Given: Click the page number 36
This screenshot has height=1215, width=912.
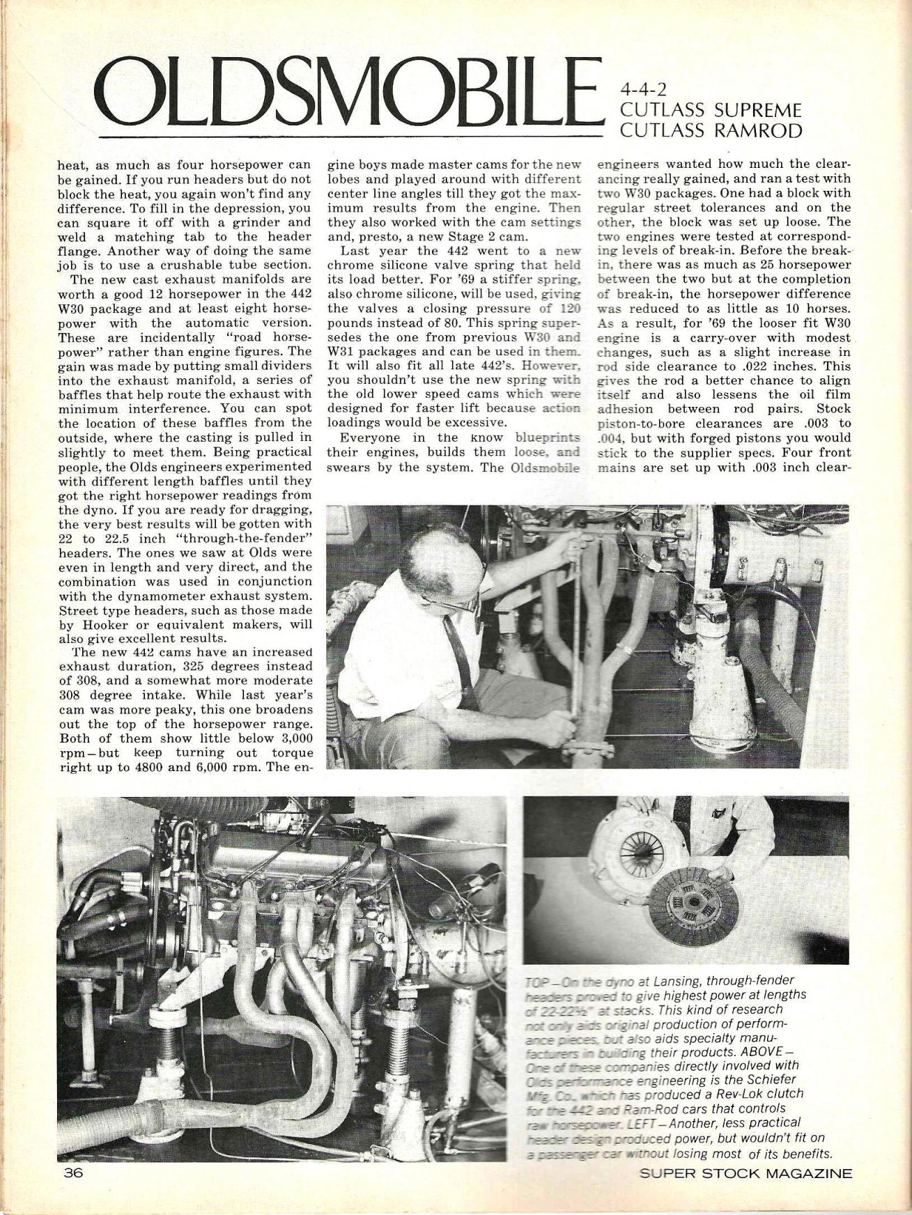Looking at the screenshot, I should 73,1173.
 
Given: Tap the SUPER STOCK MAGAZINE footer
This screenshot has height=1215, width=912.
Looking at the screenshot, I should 745,1173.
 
